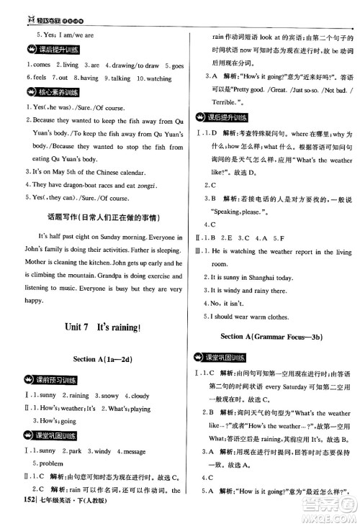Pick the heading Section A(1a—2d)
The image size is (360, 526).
[x=96, y=359]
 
